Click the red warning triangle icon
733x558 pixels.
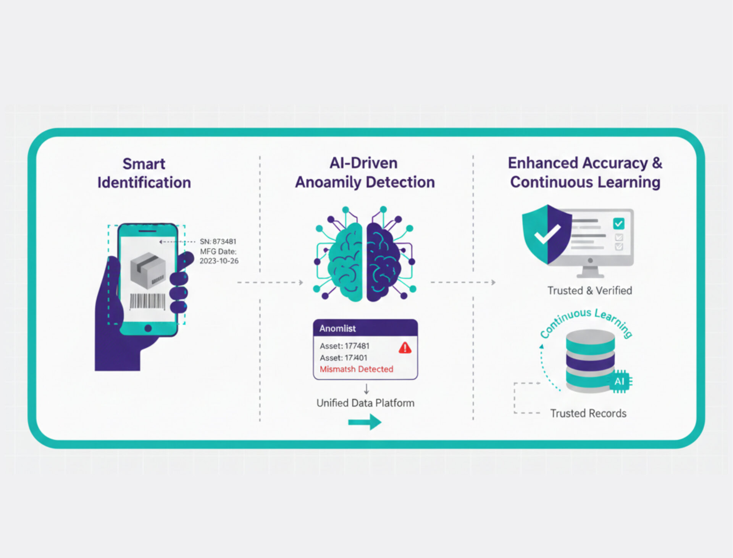pyautogui.click(x=405, y=348)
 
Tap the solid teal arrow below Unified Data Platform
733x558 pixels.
pyautogui.click(x=365, y=422)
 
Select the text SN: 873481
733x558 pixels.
pyautogui.click(x=218, y=242)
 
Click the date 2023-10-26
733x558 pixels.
pyautogui.click(x=219, y=261)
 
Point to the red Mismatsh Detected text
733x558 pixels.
pyautogui.click(x=356, y=369)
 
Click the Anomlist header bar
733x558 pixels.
pyautogui.click(x=365, y=328)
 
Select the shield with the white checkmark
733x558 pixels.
pyautogui.click(x=547, y=234)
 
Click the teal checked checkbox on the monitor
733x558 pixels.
pyautogui.click(x=618, y=224)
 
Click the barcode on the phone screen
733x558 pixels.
pyautogui.click(x=147, y=301)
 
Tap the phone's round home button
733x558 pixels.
pyautogui.click(x=148, y=328)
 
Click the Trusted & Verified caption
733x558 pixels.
pyautogui.click(x=590, y=290)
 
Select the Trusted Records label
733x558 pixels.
pyautogui.click(x=588, y=413)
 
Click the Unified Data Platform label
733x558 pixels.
pyautogui.click(x=365, y=403)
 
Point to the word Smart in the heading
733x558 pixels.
pyautogui.click(x=144, y=164)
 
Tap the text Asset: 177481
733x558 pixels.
pyautogui.click(x=344, y=346)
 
